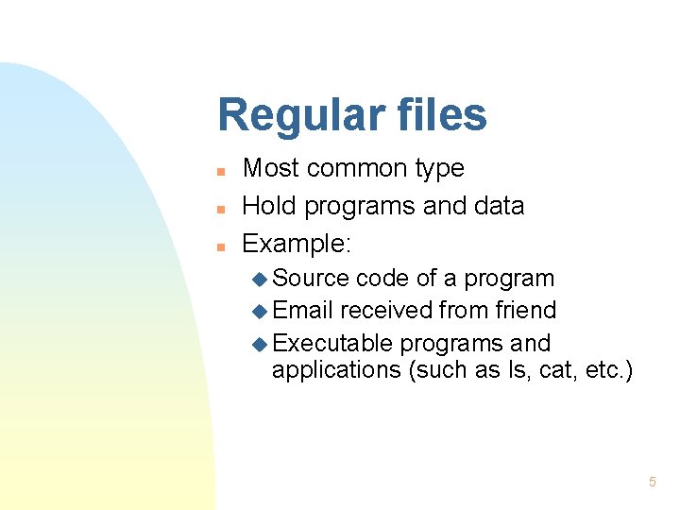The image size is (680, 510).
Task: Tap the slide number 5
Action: tap(652, 483)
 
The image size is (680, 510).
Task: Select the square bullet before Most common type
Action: tap(219, 172)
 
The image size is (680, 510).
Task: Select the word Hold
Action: tap(268, 206)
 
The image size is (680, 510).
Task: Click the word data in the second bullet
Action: tap(499, 206)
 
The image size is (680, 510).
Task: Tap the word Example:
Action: tap(297, 245)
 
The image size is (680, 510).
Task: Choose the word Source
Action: tap(311, 279)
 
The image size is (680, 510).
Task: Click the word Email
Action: tap(302, 311)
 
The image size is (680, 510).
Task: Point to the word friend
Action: tap(528, 311)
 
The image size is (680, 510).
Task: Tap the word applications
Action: tap(336, 370)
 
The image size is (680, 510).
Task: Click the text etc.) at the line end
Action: tap(608, 370)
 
